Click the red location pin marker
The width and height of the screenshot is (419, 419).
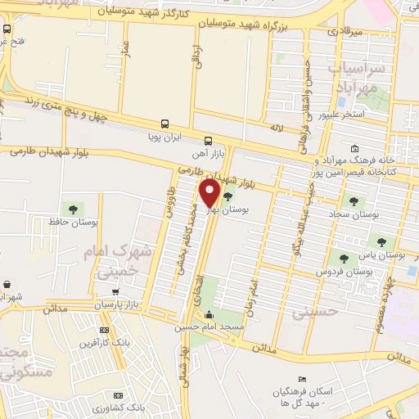point(210,194)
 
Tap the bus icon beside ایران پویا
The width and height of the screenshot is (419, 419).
point(165,124)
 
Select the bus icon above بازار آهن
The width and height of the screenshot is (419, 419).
point(208,140)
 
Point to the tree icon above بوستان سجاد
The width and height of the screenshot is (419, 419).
point(354,200)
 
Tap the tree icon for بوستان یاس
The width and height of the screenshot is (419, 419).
point(381,241)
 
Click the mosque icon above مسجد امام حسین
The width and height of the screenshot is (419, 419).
point(209,315)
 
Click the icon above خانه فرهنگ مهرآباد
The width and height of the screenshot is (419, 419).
point(354,149)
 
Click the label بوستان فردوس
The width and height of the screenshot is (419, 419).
point(337,271)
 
